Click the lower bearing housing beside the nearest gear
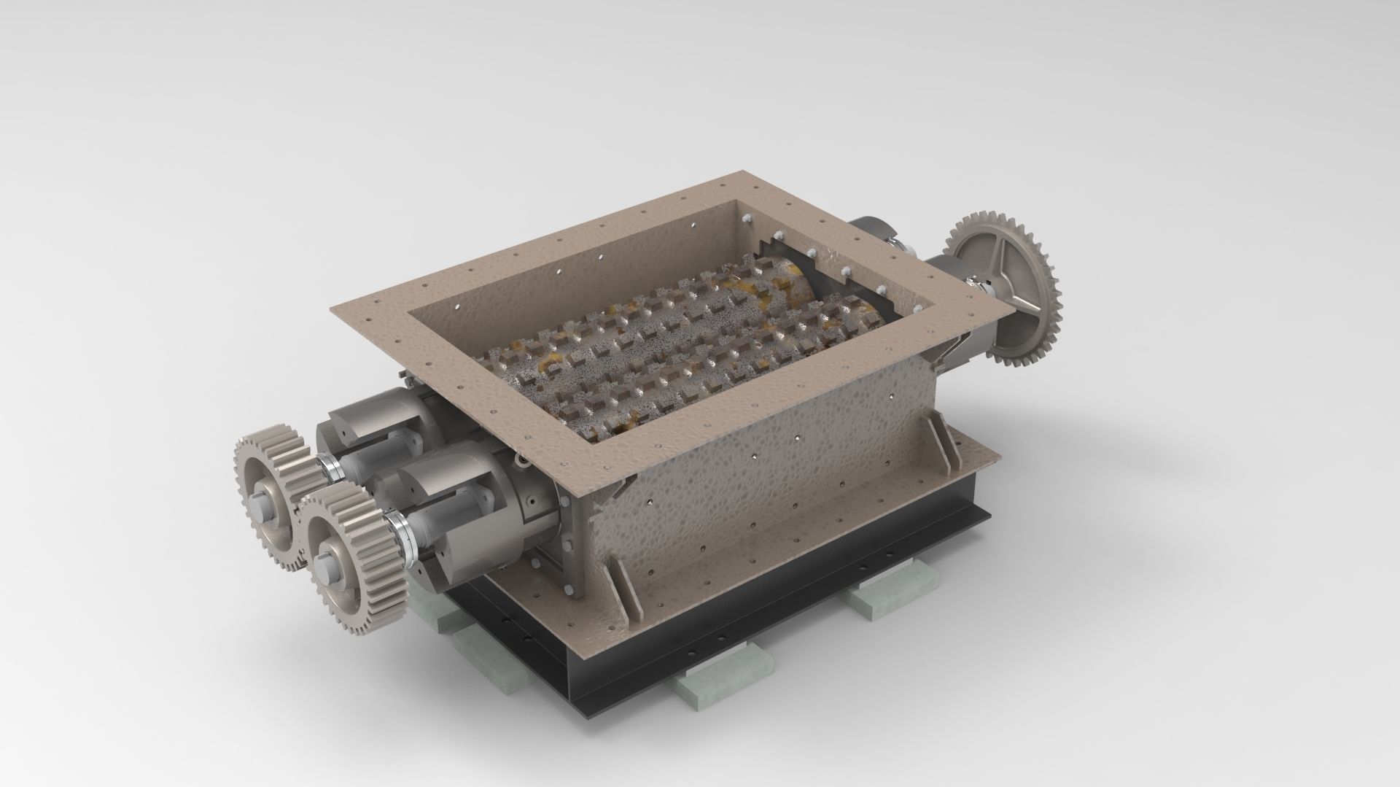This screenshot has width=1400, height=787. (452, 522)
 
